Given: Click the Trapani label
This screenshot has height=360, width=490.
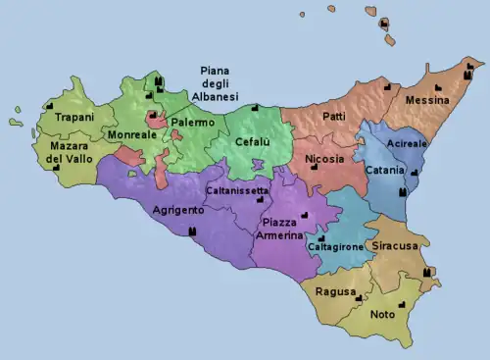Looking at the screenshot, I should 74,118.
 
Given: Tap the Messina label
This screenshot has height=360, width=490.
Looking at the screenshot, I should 427,100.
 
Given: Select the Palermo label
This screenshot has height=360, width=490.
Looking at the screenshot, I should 192,123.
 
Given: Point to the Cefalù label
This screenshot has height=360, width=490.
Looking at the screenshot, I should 253,142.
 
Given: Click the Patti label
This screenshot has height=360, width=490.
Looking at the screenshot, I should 333,117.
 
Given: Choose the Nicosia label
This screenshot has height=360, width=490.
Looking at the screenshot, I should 324,159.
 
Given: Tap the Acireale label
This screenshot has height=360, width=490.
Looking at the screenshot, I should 407,144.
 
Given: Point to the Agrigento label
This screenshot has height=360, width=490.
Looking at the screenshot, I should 178,211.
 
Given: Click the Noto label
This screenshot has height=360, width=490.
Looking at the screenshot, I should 383,315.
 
